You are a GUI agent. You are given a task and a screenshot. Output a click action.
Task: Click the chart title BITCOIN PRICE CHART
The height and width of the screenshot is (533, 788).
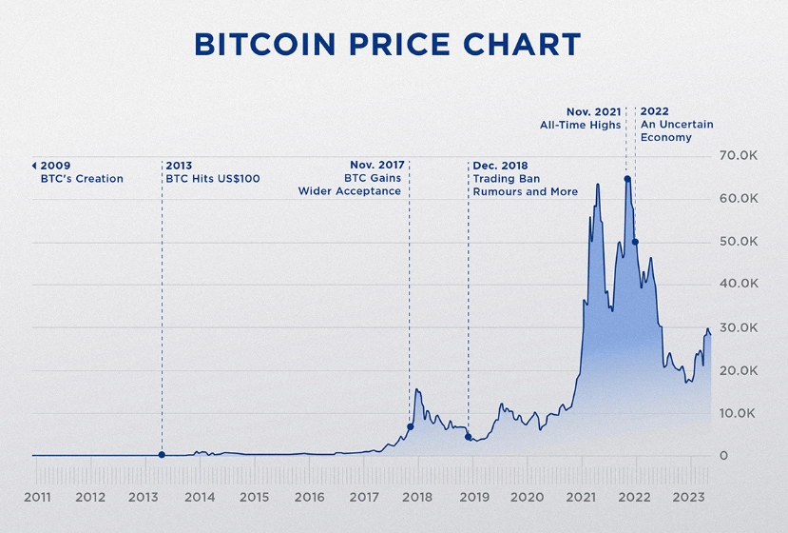click(387, 45)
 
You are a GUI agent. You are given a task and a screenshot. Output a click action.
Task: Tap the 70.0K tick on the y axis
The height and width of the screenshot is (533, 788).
click(738, 155)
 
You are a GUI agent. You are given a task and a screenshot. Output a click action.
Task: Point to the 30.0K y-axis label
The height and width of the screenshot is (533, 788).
click(738, 327)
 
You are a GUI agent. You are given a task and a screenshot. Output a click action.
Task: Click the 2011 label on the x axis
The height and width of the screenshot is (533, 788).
click(37, 497)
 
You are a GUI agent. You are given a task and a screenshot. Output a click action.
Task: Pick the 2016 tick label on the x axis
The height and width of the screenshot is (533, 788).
click(309, 497)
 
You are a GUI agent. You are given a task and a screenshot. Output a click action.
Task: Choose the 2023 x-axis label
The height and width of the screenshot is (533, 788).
click(687, 497)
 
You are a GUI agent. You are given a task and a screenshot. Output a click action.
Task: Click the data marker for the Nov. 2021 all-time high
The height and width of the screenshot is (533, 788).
click(627, 179)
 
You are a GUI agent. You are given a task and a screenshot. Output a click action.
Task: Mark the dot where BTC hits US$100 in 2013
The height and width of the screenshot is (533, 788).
click(162, 455)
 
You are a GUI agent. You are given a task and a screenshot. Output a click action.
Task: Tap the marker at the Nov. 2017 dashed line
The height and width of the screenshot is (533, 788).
click(410, 426)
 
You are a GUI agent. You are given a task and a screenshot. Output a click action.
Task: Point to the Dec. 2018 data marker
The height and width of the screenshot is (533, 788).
click(468, 437)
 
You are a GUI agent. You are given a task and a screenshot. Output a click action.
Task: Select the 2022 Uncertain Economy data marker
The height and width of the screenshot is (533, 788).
click(635, 242)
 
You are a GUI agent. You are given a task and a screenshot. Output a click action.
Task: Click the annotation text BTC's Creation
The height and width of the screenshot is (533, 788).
click(82, 179)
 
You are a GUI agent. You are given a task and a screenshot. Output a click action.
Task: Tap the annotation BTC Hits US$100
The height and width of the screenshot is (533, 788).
click(213, 179)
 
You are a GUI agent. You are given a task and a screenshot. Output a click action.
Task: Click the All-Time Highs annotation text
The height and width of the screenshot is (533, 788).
click(580, 125)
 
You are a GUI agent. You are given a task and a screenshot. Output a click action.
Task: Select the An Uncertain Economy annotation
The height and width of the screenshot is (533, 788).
click(676, 130)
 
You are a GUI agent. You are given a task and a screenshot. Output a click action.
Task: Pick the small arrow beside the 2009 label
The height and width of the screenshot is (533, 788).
click(34, 166)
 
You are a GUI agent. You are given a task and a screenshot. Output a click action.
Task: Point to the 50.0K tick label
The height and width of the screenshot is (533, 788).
click(738, 242)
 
